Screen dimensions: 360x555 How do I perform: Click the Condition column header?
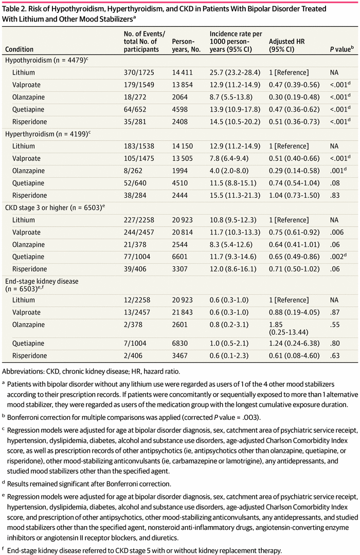19,49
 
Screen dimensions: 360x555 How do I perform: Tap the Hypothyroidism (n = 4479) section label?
46,60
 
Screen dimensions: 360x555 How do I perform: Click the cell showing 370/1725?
139,72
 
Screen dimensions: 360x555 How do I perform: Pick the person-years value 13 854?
183,85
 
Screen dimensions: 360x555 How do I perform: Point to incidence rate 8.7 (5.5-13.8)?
231,97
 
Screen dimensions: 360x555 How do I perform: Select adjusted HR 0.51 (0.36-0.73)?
294,122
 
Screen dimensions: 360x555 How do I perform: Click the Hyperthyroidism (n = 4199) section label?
48,134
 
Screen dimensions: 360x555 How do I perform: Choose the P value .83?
335,195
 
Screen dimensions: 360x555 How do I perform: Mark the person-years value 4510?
180,183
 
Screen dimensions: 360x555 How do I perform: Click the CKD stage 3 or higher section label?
55,208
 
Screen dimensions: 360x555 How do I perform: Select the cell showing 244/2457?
139,232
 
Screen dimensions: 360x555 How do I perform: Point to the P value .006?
337,232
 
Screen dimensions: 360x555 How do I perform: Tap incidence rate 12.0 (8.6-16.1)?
233,269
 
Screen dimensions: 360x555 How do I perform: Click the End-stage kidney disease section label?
42,285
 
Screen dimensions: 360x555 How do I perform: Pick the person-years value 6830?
180,343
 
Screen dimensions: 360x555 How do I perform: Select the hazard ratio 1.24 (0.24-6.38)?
294,343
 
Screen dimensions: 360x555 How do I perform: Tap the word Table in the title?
11,9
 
